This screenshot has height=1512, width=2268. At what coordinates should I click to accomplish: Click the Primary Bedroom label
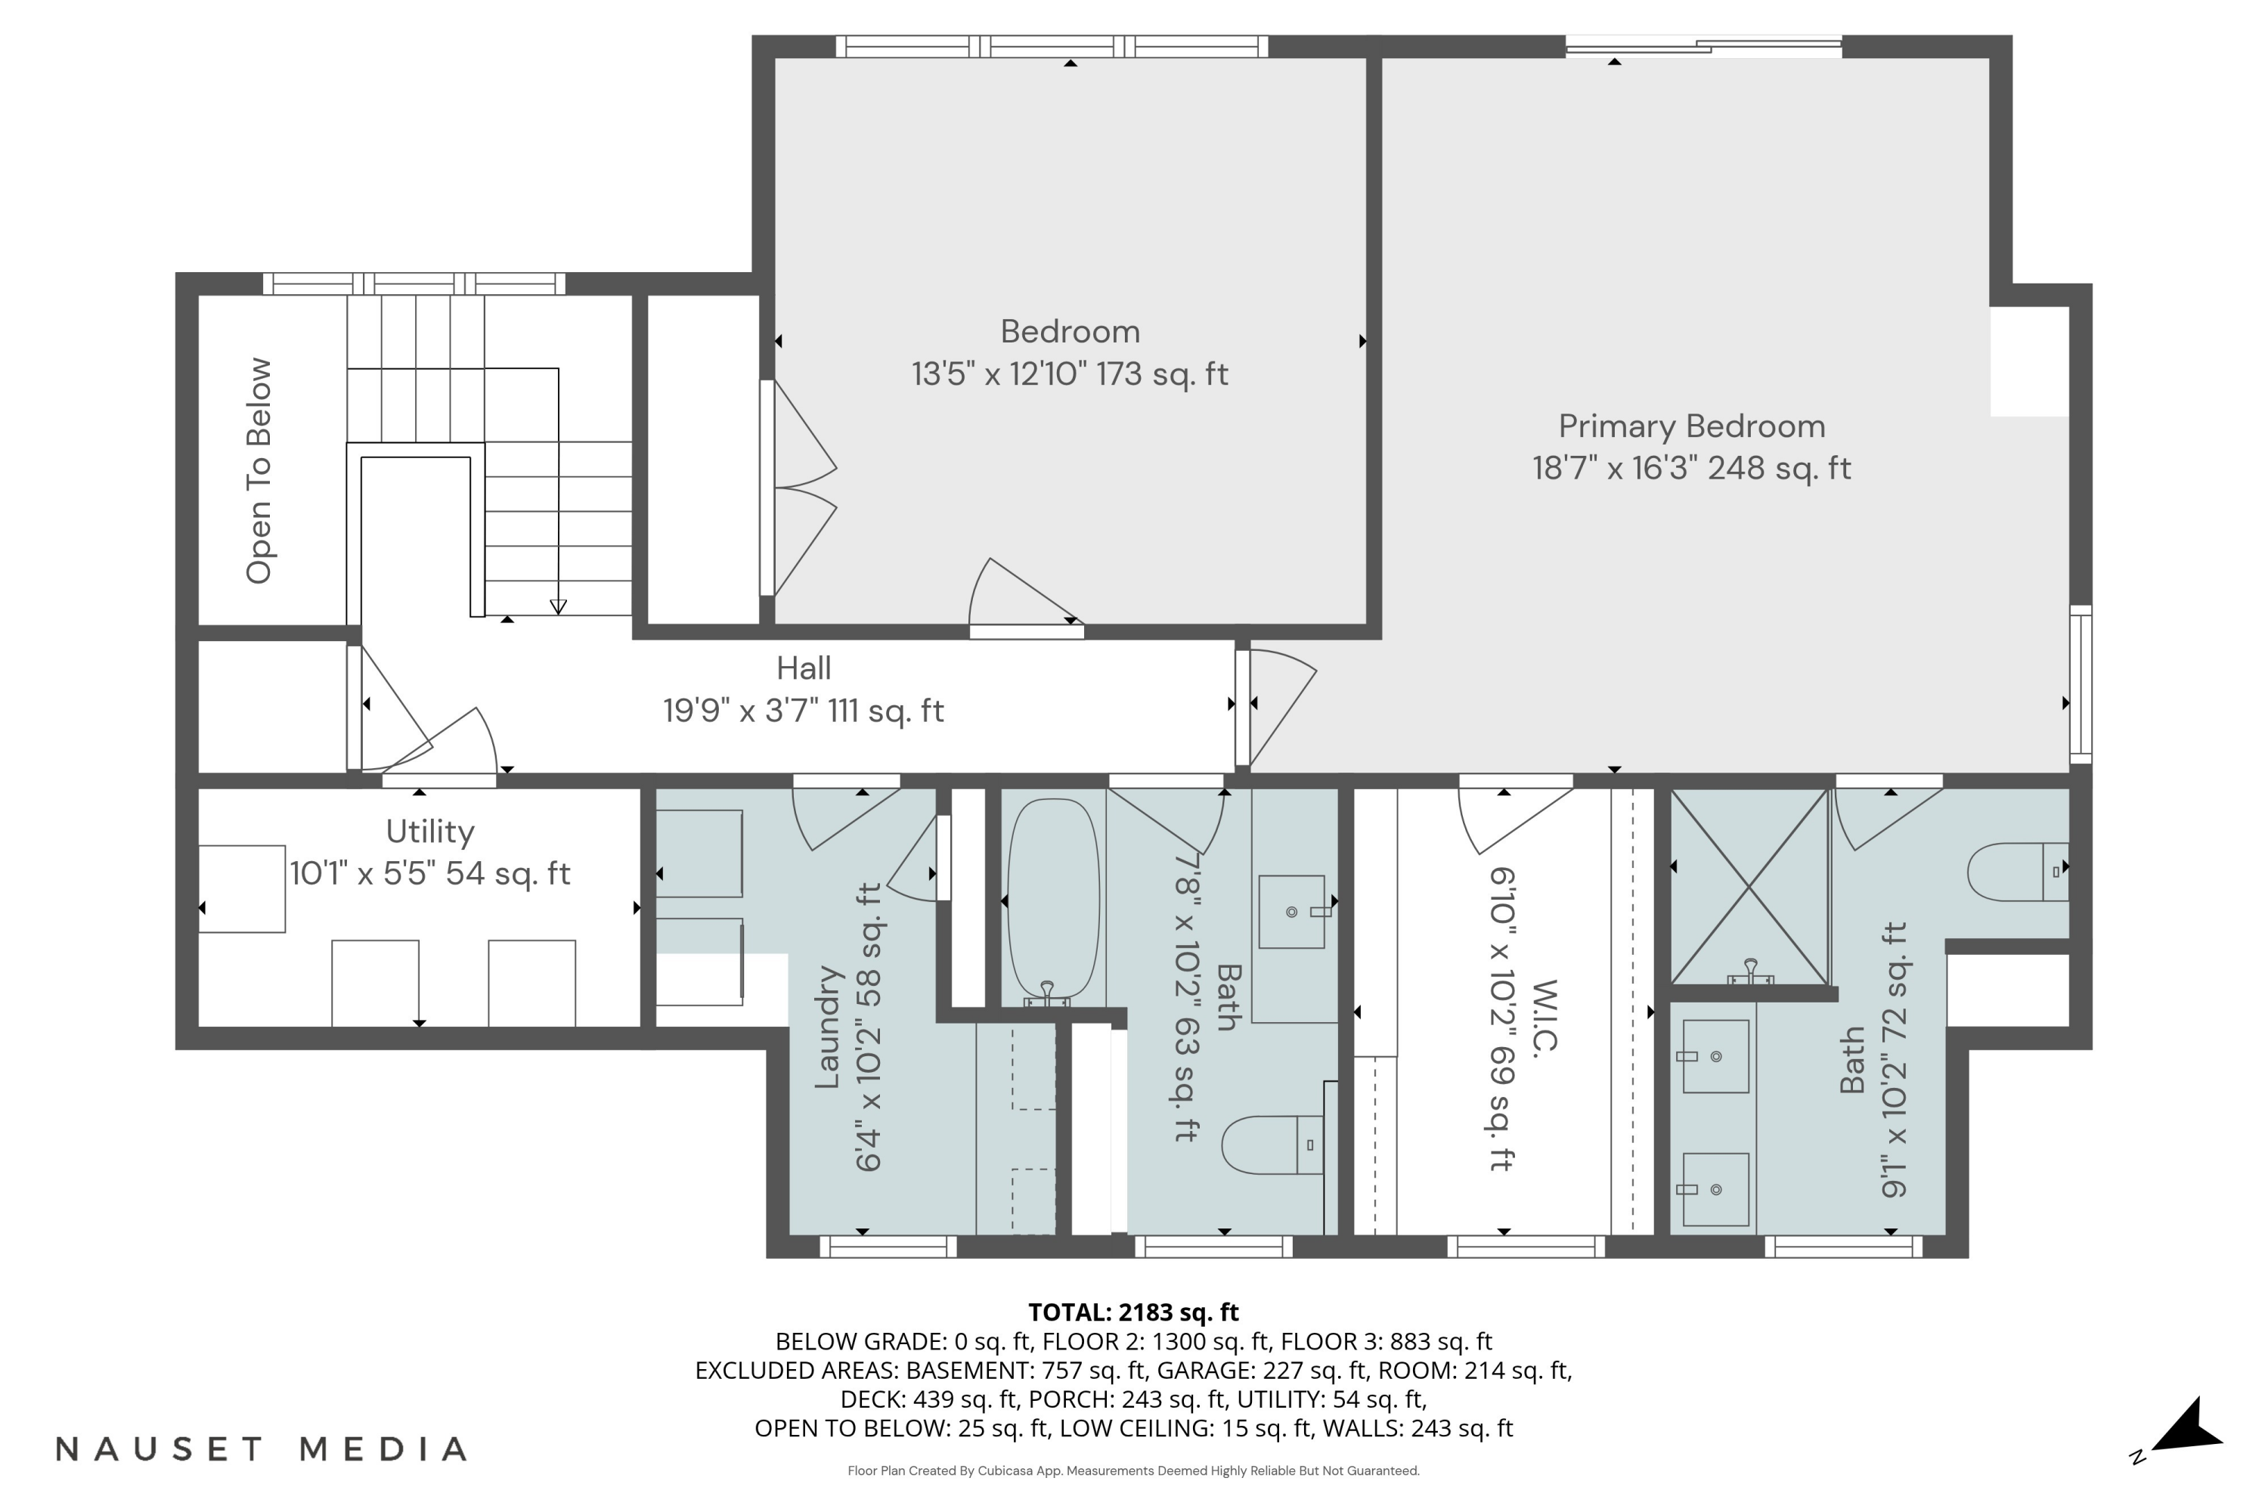pyautogui.click(x=1691, y=426)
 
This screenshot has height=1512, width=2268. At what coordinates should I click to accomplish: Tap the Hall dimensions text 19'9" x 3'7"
pyautogui.click(x=802, y=711)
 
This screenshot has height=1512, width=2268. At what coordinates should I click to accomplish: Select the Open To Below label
pyautogui.click(x=259, y=470)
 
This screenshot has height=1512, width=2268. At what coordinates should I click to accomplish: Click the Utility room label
pyautogui.click(x=430, y=831)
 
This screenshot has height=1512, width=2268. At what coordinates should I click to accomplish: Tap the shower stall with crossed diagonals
pyautogui.click(x=1748, y=887)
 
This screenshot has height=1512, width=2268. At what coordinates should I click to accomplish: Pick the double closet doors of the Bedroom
pyautogui.click(x=802, y=488)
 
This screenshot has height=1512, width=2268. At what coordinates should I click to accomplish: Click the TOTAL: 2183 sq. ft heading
pyautogui.click(x=1133, y=1312)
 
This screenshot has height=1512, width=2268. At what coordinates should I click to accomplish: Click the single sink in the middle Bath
pyautogui.click(x=1292, y=911)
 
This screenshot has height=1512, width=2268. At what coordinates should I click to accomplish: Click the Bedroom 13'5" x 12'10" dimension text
pyautogui.click(x=1070, y=374)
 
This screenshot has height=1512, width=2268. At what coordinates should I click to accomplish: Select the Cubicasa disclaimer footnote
pyautogui.click(x=1133, y=1470)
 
